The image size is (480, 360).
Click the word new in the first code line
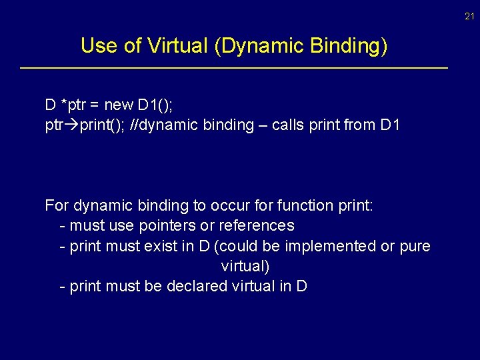click(x=119, y=105)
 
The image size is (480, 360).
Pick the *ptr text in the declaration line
click(x=73, y=105)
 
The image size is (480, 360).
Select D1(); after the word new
click(x=155, y=105)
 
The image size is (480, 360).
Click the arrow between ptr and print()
click(x=71, y=125)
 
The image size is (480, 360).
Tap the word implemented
click(x=330, y=246)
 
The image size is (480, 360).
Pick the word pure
click(x=415, y=246)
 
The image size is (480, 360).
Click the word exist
click(x=160, y=246)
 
